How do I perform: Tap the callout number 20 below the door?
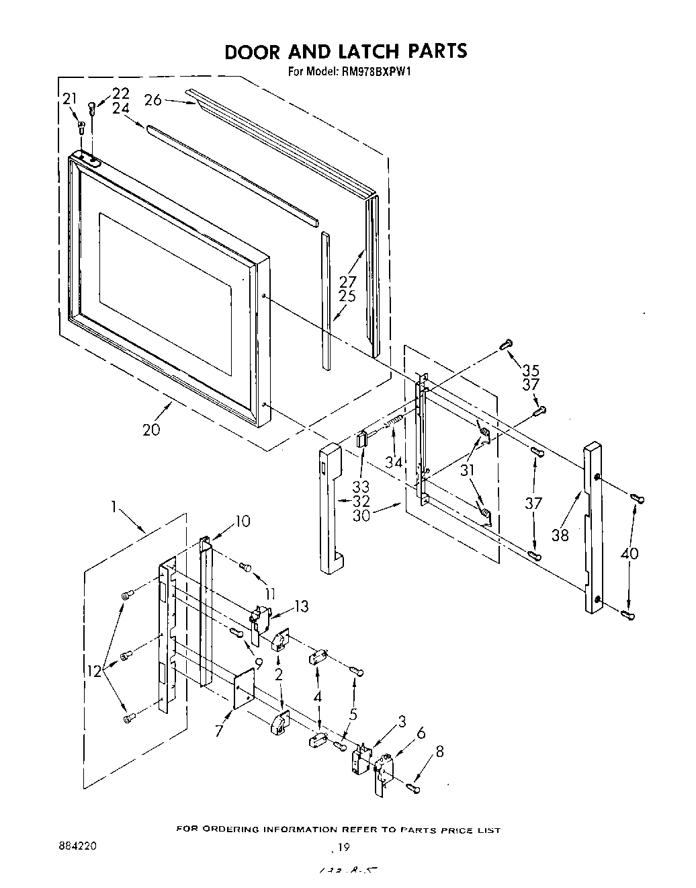click(152, 428)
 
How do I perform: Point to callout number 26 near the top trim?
click(153, 100)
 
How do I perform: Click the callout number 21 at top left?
click(70, 99)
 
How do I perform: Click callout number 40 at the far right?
click(630, 553)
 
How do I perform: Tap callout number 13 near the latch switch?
click(302, 606)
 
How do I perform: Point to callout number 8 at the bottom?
click(440, 753)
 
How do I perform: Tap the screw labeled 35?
click(507, 345)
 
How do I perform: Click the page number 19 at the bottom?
click(344, 847)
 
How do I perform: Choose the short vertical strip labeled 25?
click(326, 300)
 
